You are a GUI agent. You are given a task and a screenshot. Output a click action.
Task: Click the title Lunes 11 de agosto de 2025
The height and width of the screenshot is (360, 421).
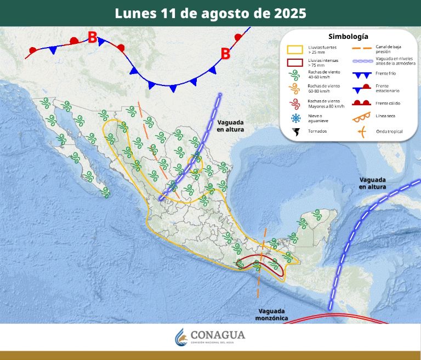click(x=210, y=13)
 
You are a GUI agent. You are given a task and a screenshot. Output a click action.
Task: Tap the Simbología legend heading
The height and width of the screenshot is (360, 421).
click(x=348, y=36)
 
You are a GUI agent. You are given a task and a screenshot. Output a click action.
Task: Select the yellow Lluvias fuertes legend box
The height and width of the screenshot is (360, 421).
click(x=295, y=49)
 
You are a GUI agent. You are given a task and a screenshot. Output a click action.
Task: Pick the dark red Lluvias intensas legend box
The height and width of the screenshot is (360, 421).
click(x=295, y=62)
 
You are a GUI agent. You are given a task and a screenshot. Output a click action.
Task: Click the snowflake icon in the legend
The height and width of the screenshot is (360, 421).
click(x=295, y=118)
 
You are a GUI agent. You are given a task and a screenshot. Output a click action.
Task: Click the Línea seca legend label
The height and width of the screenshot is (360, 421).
click(x=386, y=116)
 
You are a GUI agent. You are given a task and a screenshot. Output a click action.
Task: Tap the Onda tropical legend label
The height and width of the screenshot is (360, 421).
click(x=389, y=132)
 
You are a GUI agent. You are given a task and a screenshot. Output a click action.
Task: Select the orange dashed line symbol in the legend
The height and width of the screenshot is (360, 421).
click(x=361, y=49)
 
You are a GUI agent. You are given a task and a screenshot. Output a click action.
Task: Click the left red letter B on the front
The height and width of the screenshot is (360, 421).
click(x=93, y=38)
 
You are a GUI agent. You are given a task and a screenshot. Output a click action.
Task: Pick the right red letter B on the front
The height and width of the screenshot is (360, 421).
click(x=225, y=54)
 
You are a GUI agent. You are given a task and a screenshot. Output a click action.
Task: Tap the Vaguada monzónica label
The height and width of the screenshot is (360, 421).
click(x=272, y=314)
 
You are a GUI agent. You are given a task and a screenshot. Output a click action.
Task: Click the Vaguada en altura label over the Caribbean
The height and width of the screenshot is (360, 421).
click(x=373, y=183)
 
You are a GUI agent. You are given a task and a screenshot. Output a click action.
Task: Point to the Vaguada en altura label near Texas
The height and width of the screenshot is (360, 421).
click(x=230, y=125)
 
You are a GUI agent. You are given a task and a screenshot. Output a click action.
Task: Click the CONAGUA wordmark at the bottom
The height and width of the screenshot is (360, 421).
click(x=218, y=335)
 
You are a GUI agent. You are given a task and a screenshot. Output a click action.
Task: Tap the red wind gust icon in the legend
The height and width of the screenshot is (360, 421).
click(x=295, y=103)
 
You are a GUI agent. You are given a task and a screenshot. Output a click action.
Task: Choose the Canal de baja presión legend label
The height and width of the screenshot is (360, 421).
click(x=388, y=49)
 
